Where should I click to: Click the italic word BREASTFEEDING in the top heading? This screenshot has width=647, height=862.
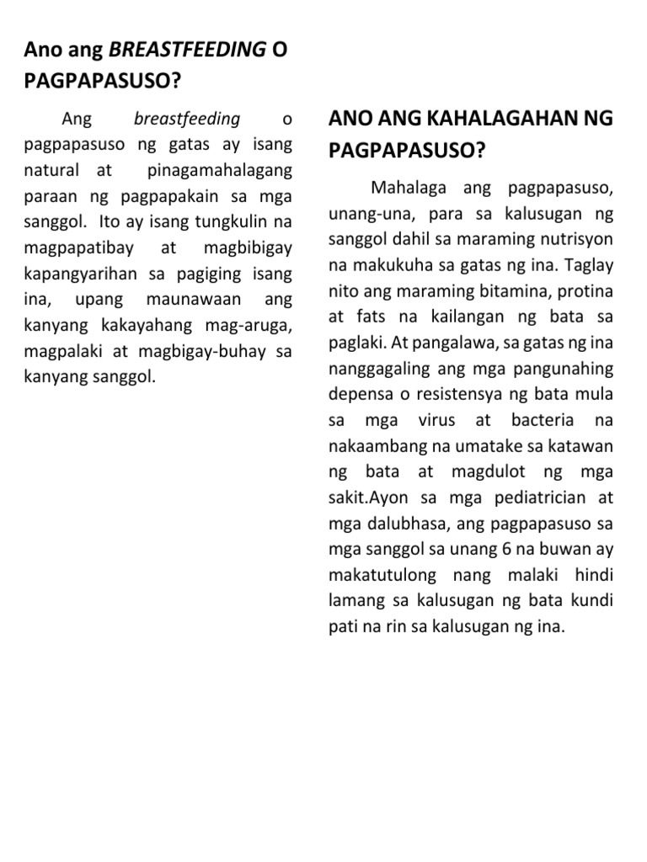pos(187,50)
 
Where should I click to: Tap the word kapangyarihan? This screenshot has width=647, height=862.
pos(86,274)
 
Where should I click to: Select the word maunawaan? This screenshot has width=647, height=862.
pos(195,300)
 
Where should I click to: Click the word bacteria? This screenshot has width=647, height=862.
pos(543,420)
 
